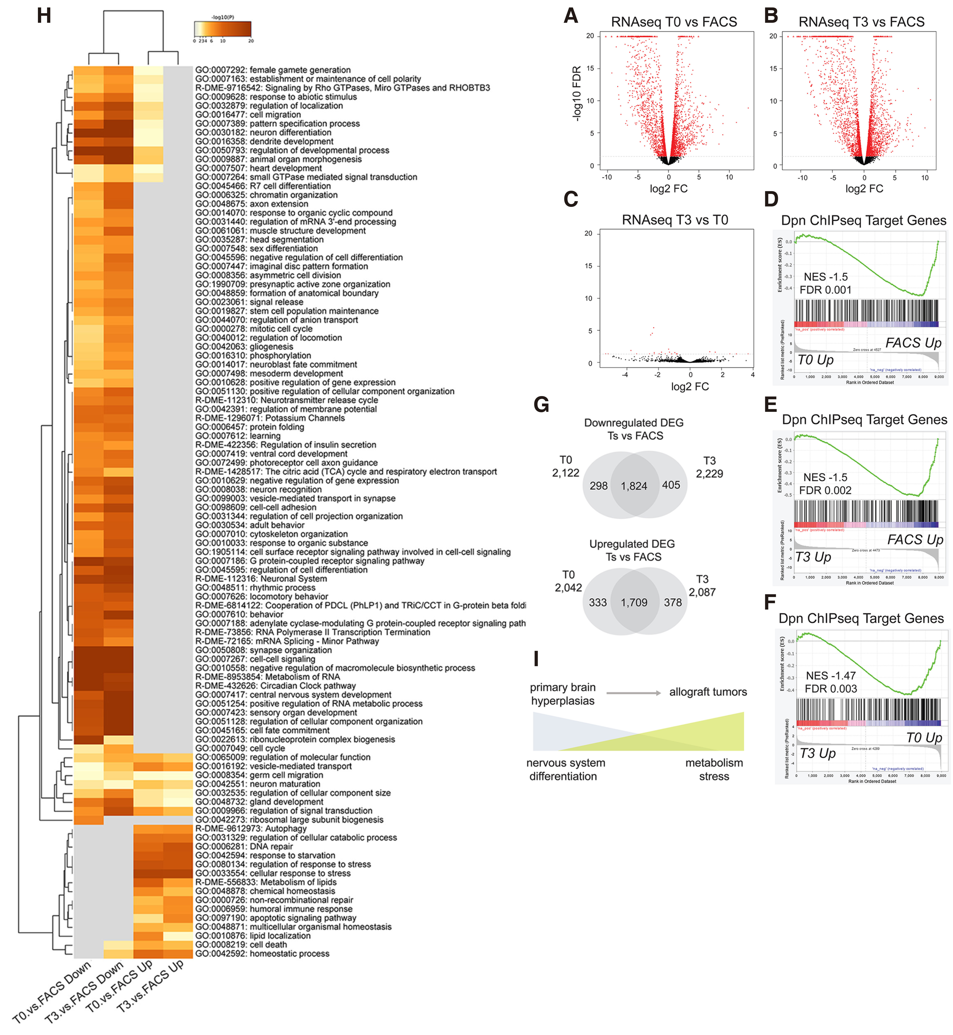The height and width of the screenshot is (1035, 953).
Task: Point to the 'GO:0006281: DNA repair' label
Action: tap(244, 846)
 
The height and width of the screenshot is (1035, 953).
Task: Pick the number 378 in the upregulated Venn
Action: tap(673, 602)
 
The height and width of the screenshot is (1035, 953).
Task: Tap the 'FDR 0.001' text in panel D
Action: tap(825, 290)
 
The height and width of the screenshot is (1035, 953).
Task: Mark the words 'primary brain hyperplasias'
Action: tap(563, 694)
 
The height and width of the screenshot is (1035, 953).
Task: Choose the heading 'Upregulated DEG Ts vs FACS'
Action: tap(632, 550)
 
